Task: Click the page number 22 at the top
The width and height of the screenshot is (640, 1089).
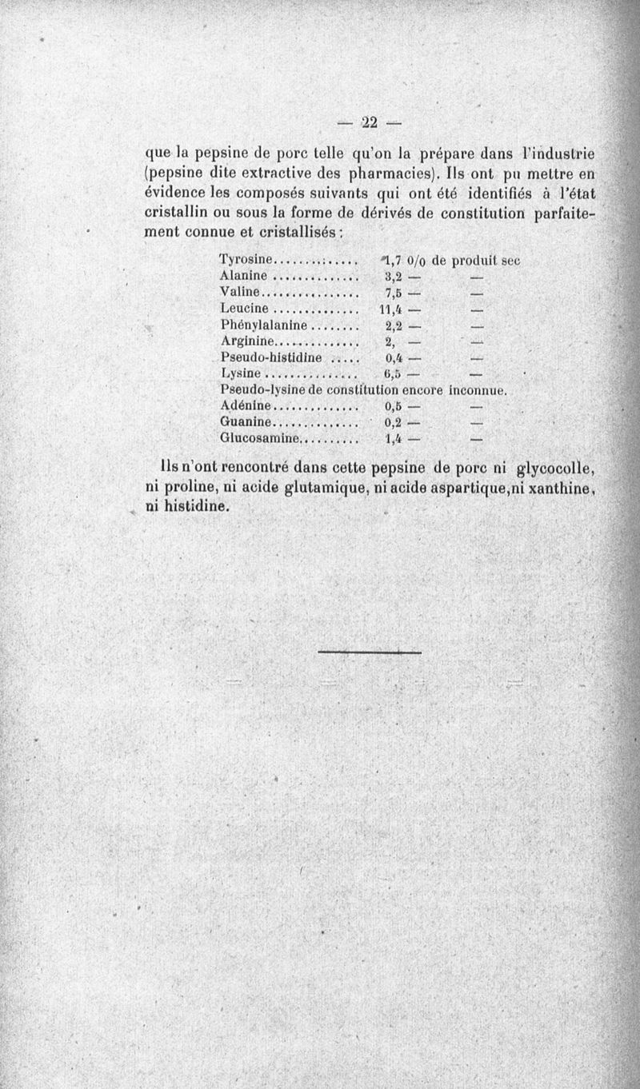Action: (369, 122)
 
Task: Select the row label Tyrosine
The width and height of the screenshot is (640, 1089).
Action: (246, 260)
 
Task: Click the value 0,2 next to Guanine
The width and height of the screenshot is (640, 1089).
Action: (392, 422)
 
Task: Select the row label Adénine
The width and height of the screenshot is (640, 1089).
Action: (246, 406)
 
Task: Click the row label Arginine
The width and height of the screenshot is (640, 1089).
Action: (248, 341)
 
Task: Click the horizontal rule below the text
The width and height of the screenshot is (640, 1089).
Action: (369, 652)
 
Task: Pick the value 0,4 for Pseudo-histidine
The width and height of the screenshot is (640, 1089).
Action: (392, 357)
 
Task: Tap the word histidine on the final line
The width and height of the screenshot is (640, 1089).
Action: (186, 507)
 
